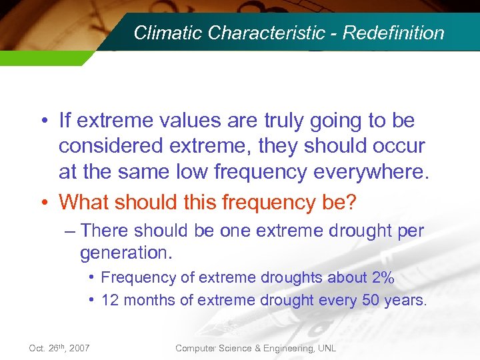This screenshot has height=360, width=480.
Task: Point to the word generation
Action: coord(124,253)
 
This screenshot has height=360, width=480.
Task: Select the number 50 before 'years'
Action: coord(371,300)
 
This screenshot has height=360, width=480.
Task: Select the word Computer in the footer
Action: coord(197,349)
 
